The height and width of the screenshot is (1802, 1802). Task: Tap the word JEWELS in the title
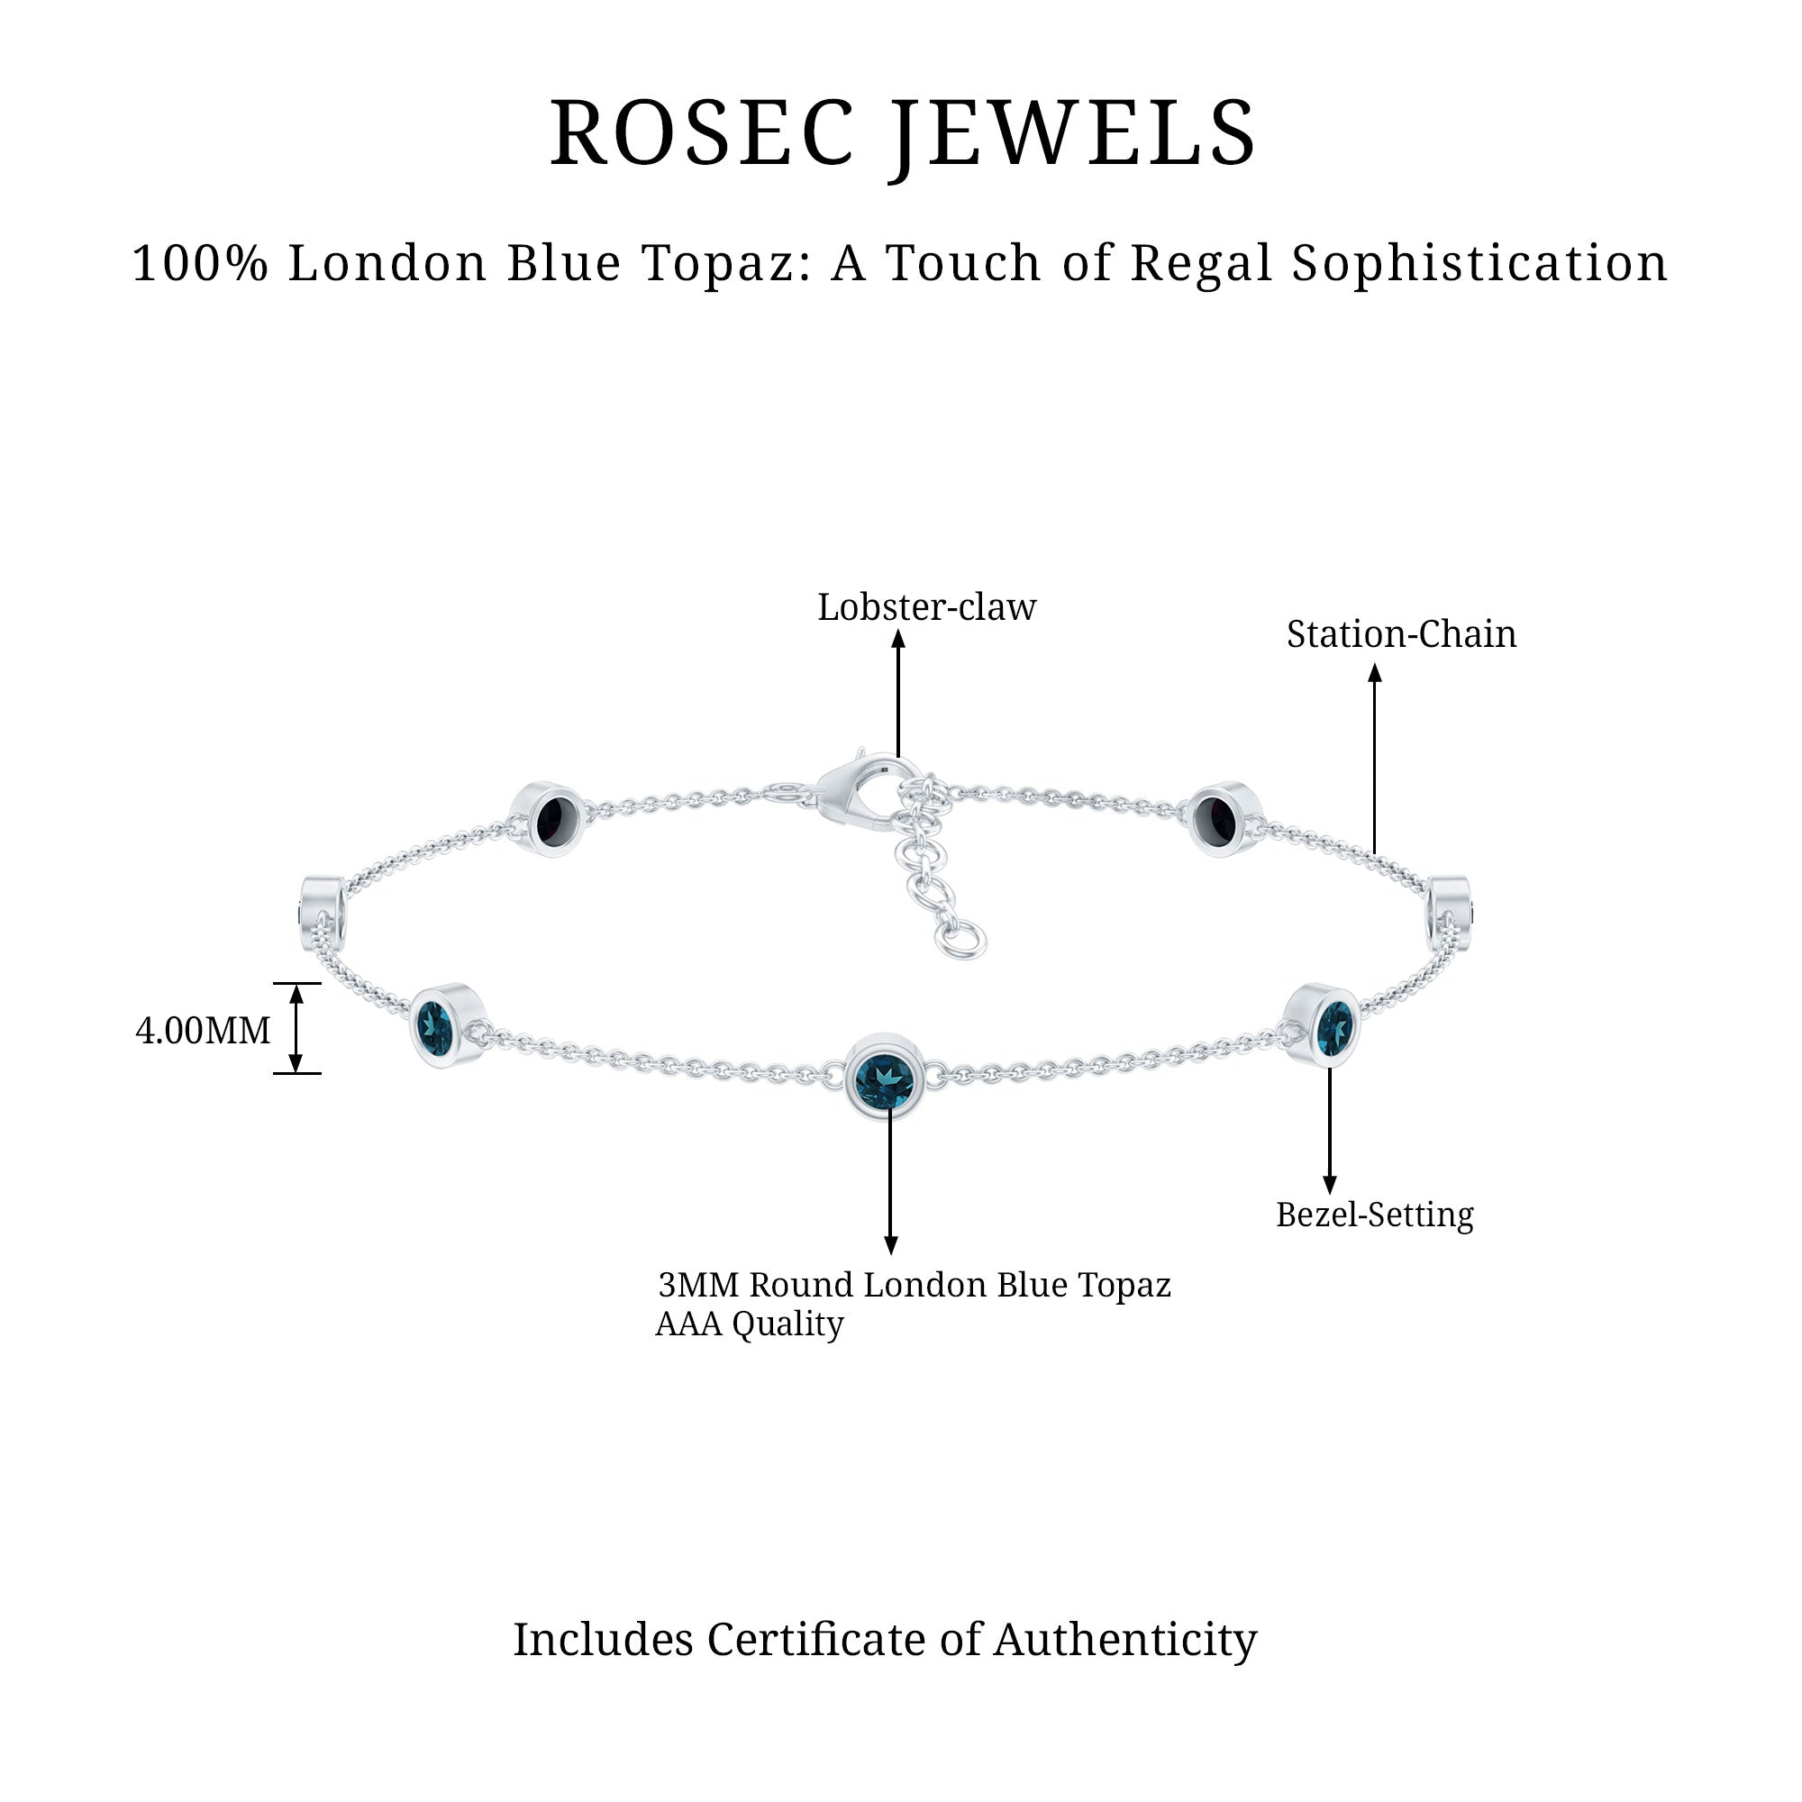[x=1072, y=135]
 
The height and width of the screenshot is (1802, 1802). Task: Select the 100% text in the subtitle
[x=201, y=264]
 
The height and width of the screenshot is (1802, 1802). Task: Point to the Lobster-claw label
[x=926, y=608]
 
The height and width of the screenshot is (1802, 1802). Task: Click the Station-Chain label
[x=1401, y=635]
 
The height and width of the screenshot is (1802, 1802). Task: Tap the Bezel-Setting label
[x=1374, y=1215]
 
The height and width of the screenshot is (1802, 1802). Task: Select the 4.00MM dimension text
[x=204, y=1031]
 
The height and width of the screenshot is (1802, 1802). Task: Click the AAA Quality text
[x=749, y=1324]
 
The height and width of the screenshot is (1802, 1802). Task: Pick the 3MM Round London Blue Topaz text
[x=914, y=1286]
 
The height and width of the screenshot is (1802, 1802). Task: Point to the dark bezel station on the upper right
[x=1218, y=819]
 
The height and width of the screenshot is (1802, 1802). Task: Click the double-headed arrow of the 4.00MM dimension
[x=296, y=1029]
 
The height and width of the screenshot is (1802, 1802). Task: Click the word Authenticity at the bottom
[x=1124, y=1640]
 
